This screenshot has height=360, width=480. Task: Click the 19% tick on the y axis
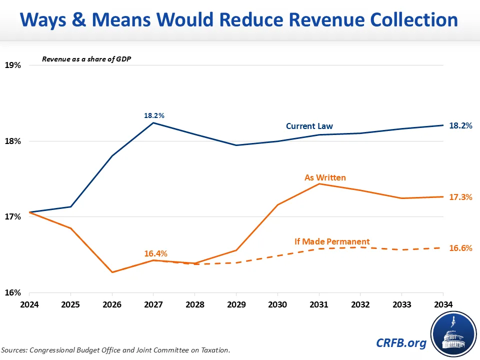pyautogui.click(x=13, y=65)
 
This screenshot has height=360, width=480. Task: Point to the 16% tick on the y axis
pyautogui.click(x=13, y=293)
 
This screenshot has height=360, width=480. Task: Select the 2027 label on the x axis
pyautogui.click(x=153, y=304)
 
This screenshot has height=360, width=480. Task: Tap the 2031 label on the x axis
pyautogui.click(x=318, y=304)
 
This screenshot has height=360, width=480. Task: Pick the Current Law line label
pyautogui.click(x=309, y=126)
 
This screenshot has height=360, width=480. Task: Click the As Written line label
pyautogui.click(x=325, y=177)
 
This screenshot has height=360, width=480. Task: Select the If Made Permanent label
pyautogui.click(x=332, y=241)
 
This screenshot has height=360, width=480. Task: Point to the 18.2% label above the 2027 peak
pyautogui.click(x=154, y=115)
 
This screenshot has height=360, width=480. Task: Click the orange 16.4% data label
pyautogui.click(x=155, y=253)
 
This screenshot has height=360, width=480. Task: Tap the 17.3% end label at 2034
pyautogui.click(x=460, y=197)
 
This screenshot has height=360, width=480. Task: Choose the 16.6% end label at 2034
pyautogui.click(x=460, y=248)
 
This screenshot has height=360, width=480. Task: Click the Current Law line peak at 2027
pyautogui.click(x=153, y=123)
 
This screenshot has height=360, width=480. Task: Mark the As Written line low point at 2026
pyautogui.click(x=112, y=272)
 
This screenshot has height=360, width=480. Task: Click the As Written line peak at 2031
pyautogui.click(x=319, y=184)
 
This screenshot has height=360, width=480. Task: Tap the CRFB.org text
pyautogui.click(x=401, y=342)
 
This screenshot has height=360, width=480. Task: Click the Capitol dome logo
pyautogui.click(x=451, y=332)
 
